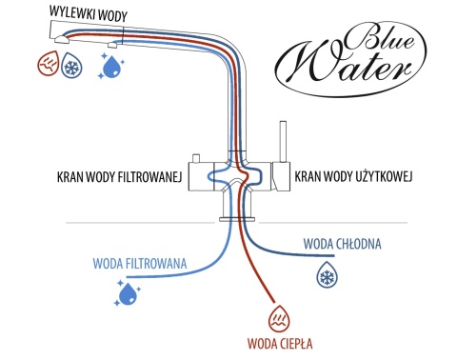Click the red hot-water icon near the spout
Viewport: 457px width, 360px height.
(48, 67)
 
